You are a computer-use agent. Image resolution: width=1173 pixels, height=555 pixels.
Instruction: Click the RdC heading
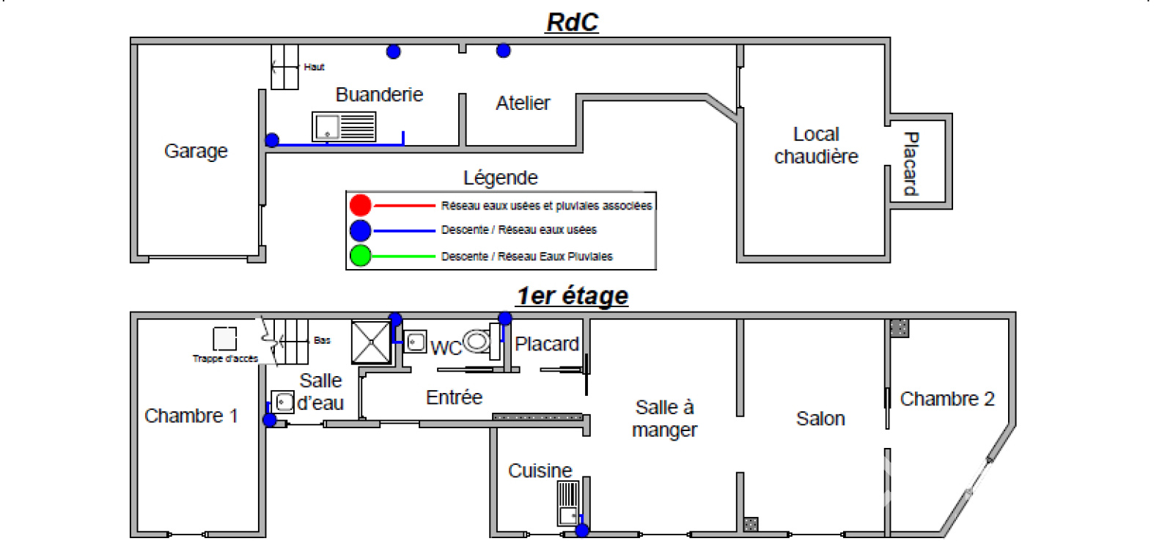click(x=572, y=23)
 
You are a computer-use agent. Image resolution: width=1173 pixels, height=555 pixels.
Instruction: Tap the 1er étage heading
click(x=572, y=296)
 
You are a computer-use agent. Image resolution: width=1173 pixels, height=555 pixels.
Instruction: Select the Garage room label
click(x=196, y=151)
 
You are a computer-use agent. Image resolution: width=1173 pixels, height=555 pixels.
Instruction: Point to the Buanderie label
click(x=379, y=95)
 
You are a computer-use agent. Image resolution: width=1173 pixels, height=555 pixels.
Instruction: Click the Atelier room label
click(x=523, y=103)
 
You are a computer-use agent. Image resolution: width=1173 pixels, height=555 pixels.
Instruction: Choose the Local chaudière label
click(x=816, y=145)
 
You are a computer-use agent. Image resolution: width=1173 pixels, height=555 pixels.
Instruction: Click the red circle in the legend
click(x=360, y=205)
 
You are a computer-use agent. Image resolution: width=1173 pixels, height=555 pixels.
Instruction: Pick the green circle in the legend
click(x=360, y=256)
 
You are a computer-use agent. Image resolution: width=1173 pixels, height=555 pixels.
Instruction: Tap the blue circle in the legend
click(x=360, y=230)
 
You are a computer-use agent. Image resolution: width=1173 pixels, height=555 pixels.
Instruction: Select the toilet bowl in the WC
click(x=477, y=341)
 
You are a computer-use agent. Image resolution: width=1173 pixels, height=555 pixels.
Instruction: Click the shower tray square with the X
click(x=371, y=342)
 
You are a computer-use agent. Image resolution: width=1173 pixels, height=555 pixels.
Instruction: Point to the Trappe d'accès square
click(x=225, y=339)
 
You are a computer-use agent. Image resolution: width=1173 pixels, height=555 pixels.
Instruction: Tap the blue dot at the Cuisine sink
click(x=581, y=530)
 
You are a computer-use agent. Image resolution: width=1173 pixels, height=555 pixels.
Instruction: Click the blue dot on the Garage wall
click(x=272, y=140)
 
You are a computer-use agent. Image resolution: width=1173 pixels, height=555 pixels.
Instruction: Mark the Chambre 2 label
click(x=947, y=399)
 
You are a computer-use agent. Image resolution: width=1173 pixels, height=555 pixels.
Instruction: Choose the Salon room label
click(x=820, y=419)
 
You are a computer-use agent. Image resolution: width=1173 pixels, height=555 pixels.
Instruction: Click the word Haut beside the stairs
click(x=315, y=67)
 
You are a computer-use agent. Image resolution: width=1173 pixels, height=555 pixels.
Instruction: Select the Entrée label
click(x=454, y=397)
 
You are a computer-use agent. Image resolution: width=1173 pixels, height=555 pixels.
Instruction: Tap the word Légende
click(x=501, y=178)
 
